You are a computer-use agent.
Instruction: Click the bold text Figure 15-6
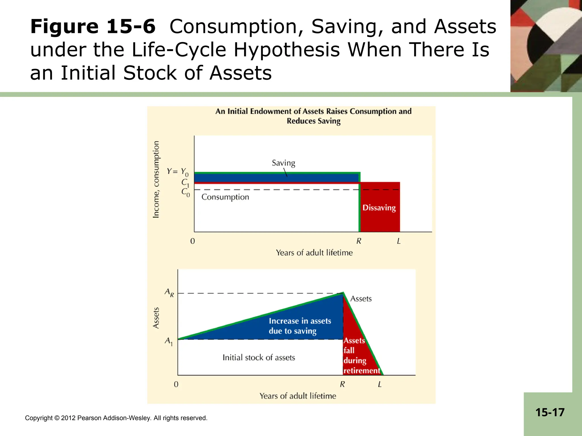93,27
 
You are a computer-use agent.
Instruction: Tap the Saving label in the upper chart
283,163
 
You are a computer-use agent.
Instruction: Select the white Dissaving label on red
379,208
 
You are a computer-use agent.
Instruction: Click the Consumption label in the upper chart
225,197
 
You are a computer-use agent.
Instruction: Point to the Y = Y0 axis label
177,172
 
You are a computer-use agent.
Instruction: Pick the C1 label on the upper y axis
185,183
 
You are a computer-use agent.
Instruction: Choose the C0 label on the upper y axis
185,192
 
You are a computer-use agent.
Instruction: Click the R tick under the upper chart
359,241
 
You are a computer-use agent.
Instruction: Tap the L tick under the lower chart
380,384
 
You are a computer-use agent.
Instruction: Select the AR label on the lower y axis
169,293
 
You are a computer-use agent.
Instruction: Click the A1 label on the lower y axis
169,341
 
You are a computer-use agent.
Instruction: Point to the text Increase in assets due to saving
300,326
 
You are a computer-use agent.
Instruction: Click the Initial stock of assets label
259,358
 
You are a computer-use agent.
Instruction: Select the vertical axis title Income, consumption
156,179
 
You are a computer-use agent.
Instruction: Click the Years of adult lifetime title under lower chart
298,396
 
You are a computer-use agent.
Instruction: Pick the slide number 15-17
550,412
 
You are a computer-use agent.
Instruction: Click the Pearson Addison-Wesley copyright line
116,418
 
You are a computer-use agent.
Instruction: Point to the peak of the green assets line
343,293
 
